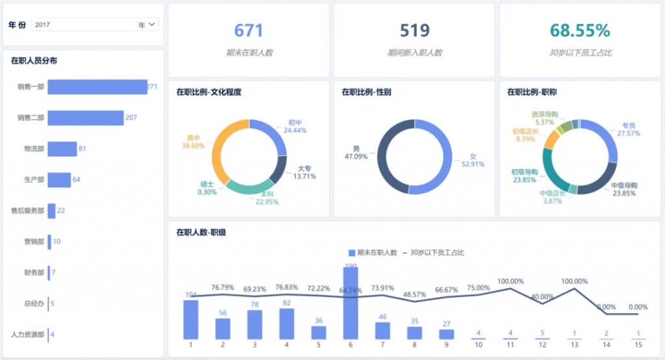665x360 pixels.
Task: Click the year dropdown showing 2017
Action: [x=95, y=25]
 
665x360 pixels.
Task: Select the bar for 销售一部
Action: [x=97, y=86]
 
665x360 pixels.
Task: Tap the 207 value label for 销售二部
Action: [x=131, y=118]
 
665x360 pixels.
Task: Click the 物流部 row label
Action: [x=34, y=149]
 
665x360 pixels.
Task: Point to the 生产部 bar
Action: [x=58, y=179]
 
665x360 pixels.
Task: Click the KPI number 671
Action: [x=249, y=31]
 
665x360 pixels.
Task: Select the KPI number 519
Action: [x=414, y=31]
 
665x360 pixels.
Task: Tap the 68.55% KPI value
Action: [x=580, y=31]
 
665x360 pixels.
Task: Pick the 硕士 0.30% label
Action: [x=208, y=188]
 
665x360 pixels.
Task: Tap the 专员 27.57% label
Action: [x=628, y=129]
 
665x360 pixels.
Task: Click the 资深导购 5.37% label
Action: [x=544, y=118]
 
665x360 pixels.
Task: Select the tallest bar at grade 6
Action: [x=351, y=303]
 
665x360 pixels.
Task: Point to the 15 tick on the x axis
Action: [x=638, y=345]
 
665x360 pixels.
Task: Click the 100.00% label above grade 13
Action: [x=574, y=281]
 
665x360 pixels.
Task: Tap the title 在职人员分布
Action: [x=34, y=61]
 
